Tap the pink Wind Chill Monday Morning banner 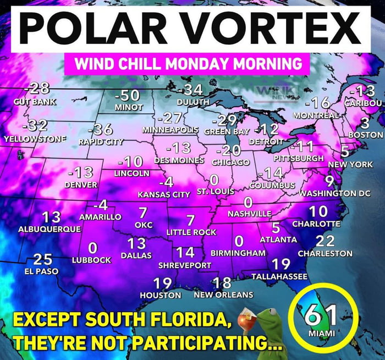[184, 63]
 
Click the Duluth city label [193, 102]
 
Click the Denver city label [81, 185]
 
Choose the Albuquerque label [49, 228]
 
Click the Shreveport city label [185, 265]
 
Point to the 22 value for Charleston [326, 241]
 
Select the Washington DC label [334, 194]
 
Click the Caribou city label [362, 103]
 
